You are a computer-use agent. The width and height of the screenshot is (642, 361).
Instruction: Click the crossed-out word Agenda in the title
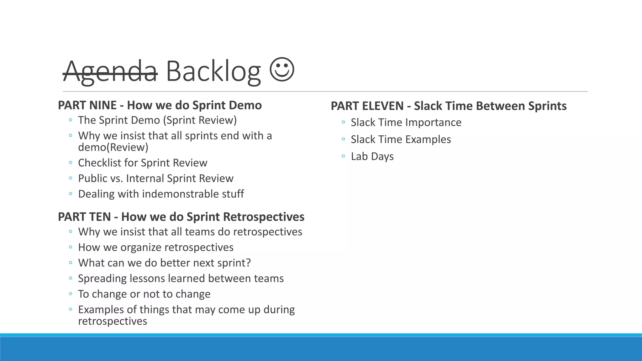pos(110,71)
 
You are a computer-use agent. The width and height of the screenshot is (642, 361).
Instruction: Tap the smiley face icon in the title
pos(282,69)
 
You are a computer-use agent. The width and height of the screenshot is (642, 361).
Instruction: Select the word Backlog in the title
pos(213,71)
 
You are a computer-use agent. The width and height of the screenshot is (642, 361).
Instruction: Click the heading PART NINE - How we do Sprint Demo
pos(160,105)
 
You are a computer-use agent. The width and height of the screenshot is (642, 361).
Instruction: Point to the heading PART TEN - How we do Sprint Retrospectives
pos(181,217)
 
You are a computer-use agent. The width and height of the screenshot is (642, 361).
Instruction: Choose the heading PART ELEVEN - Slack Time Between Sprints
pos(449,106)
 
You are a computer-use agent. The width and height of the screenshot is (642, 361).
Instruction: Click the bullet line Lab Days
pos(372,156)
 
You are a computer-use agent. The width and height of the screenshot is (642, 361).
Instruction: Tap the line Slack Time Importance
pos(406,123)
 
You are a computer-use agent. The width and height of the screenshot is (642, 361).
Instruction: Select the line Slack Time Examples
pos(401,139)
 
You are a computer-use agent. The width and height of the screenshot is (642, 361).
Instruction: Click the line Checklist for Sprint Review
pos(143,163)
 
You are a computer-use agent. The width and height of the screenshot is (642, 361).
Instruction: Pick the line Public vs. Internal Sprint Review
pos(156,178)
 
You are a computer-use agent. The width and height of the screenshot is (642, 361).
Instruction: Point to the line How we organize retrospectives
pos(156,248)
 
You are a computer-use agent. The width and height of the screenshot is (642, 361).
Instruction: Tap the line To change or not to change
pos(144,294)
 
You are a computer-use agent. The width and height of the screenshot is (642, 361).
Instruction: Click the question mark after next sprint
pos(248,263)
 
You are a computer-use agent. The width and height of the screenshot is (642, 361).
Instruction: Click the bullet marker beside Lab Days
pos(344,156)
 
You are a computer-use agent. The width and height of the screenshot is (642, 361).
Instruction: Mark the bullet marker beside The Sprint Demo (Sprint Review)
pos(71,120)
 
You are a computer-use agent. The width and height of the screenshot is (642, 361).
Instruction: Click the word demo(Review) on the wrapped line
pos(113,147)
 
